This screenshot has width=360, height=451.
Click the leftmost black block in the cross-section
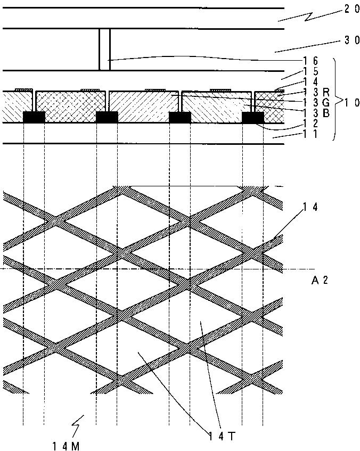pyautogui.click(x=34, y=117)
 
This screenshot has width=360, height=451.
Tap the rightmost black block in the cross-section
pyautogui.click(x=252, y=117)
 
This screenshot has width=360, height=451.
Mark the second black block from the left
pyautogui.click(x=107, y=117)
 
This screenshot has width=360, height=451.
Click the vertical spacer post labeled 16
pyautogui.click(x=104, y=49)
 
